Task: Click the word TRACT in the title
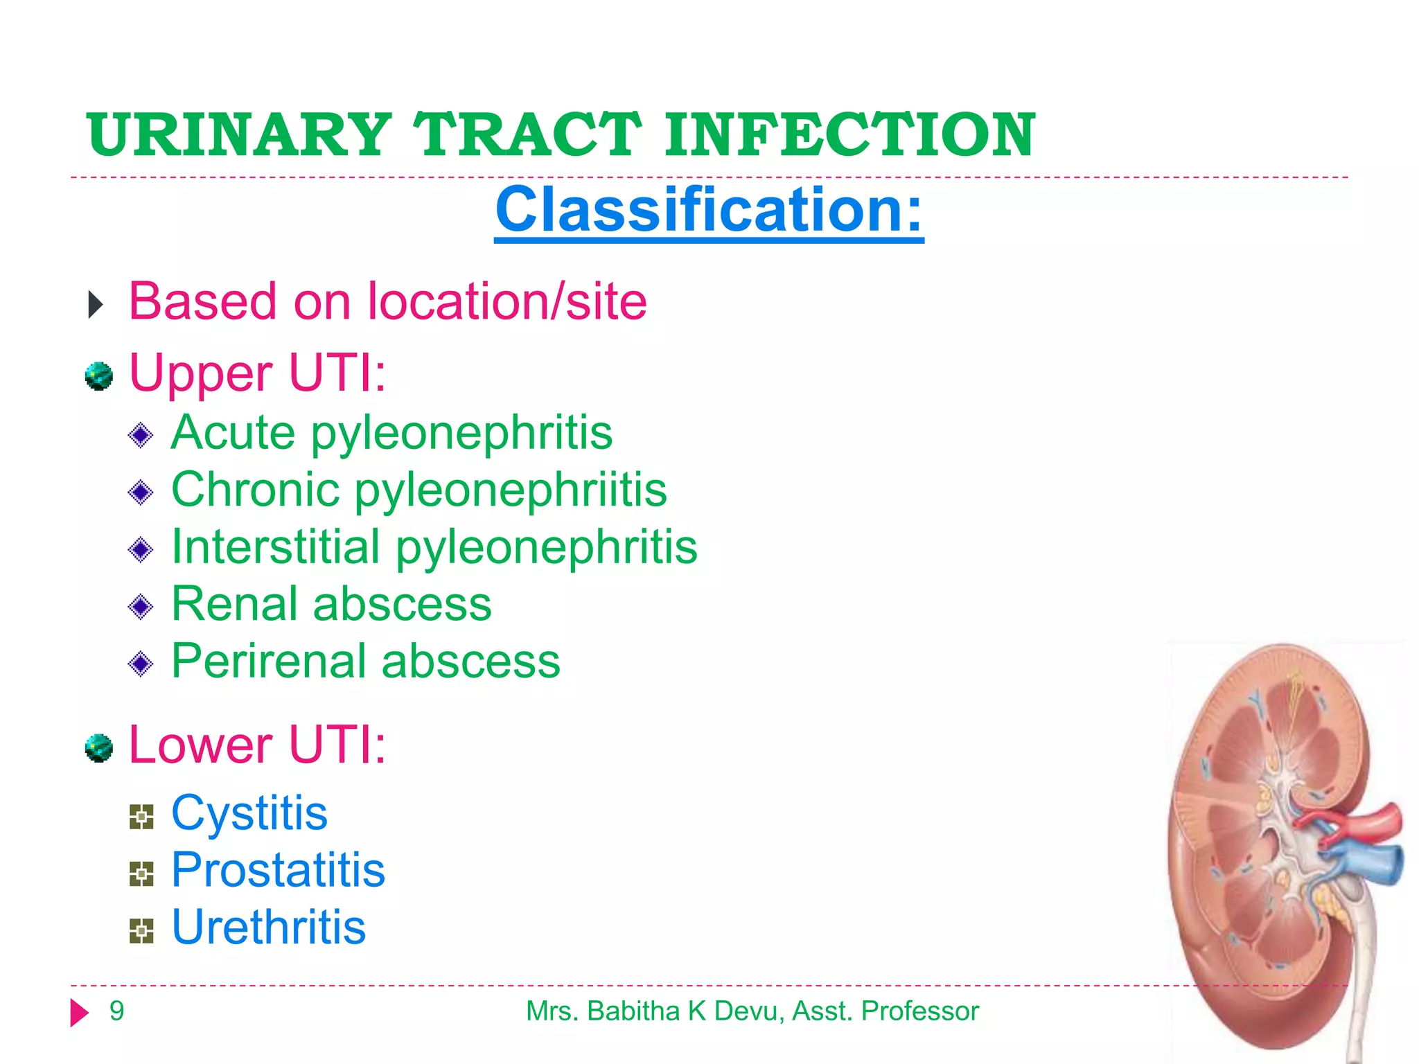tap(527, 134)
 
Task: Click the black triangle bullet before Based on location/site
tap(96, 305)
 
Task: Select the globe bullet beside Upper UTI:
tap(99, 376)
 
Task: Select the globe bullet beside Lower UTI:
tap(99, 748)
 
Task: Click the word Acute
tap(233, 433)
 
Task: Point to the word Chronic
tap(255, 490)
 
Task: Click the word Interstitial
tap(276, 547)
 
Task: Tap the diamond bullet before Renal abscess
tap(141, 607)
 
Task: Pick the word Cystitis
tap(249, 813)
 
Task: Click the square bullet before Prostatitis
tap(141, 874)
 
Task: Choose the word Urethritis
tap(269, 928)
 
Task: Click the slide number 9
tap(116, 1011)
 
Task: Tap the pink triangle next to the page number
tap(79, 1013)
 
